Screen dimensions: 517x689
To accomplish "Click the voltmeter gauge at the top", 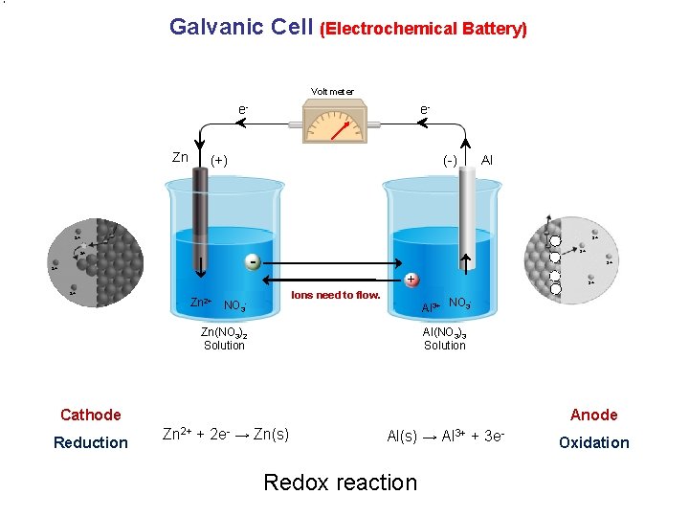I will point(332,124).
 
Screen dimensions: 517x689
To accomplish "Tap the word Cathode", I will point(91,415).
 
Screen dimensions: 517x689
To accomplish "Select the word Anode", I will point(594,415).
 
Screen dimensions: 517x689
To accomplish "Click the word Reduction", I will point(91,442).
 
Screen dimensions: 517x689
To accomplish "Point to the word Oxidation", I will point(594,442).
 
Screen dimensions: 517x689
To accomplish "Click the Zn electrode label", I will point(180,157).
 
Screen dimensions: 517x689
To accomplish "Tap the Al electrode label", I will point(487,158).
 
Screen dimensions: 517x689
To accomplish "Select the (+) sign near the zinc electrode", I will point(219,160).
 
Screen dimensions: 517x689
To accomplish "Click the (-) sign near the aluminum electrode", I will point(449,160).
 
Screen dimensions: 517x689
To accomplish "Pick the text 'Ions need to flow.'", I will point(336,295).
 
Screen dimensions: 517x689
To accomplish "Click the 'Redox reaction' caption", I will point(340,483).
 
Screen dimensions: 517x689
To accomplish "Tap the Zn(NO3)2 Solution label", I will point(224,339).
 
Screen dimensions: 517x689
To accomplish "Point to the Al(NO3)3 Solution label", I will point(445,339).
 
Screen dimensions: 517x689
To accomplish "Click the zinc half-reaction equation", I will point(227,434).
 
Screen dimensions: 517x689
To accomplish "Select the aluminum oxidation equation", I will point(446,435).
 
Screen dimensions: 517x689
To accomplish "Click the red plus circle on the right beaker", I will point(410,280).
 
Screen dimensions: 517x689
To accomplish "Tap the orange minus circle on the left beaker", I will point(252,261).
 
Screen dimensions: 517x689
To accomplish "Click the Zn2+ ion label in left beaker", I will point(201,303).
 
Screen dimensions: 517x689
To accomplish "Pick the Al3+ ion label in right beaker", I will point(432,307).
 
